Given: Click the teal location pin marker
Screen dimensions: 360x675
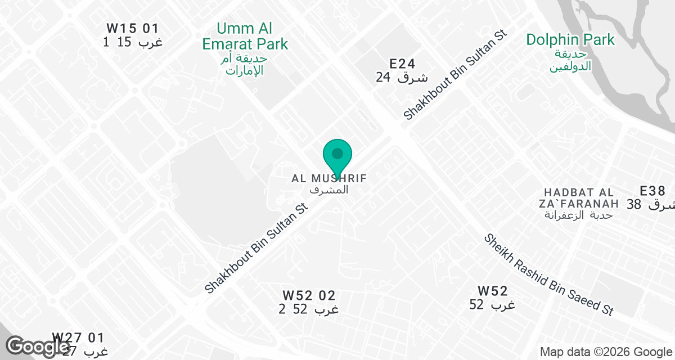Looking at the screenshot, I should (x=337, y=155).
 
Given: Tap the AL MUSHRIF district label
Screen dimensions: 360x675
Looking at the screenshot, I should (x=329, y=178).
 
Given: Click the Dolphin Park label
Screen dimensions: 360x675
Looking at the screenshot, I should (x=570, y=40).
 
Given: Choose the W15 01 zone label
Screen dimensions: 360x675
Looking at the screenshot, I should (x=133, y=28).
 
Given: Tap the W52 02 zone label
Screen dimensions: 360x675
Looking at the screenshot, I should (x=309, y=295).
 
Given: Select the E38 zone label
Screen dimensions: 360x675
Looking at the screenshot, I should (x=653, y=191).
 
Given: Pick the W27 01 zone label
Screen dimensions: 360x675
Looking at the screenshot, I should (x=78, y=338).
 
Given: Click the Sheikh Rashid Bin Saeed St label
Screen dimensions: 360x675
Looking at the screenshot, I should (x=548, y=274).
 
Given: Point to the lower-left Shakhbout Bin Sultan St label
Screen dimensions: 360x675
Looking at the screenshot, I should (x=257, y=248).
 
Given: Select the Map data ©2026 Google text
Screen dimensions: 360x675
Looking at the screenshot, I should (x=605, y=352).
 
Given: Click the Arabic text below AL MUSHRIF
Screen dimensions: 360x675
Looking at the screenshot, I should (x=329, y=190).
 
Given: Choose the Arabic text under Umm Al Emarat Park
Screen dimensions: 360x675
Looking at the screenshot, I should (x=245, y=65).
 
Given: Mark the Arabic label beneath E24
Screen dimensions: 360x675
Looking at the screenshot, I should (x=402, y=78).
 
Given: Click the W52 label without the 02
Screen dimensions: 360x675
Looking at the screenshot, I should (x=493, y=291).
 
